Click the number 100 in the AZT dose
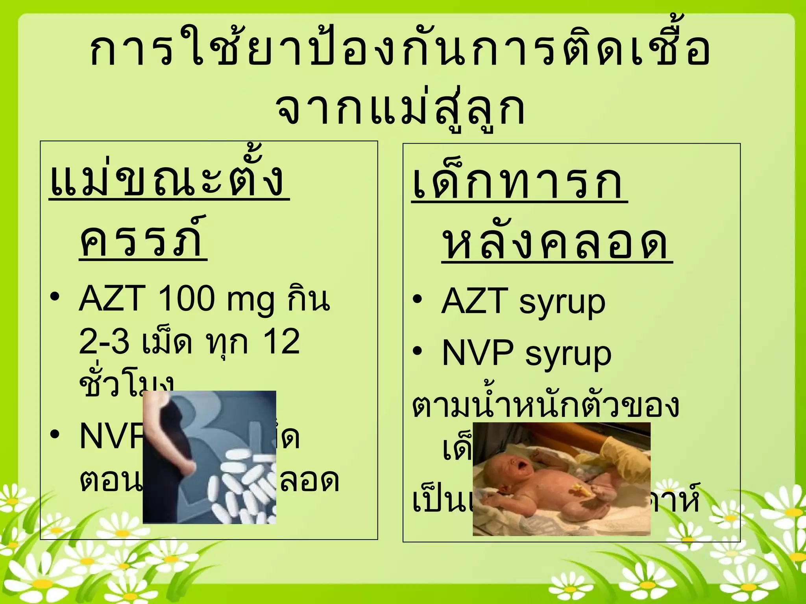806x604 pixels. [x=186, y=299]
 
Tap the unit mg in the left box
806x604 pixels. [x=250, y=301]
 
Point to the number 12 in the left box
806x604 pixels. [x=281, y=341]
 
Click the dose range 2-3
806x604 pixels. [x=104, y=341]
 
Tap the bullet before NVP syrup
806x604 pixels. [x=418, y=351]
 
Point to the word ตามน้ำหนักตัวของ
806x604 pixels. [x=545, y=405]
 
